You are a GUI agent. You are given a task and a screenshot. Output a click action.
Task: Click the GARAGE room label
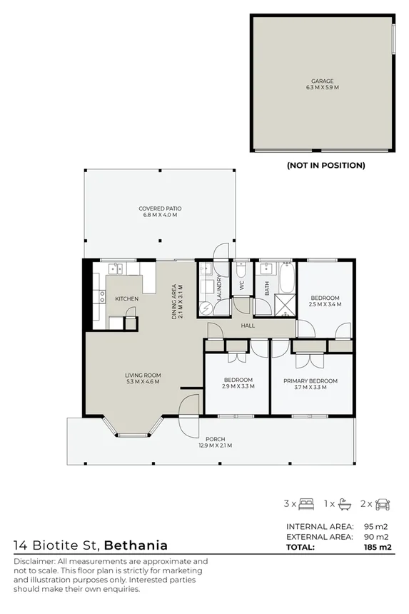pyautogui.click(x=321, y=81)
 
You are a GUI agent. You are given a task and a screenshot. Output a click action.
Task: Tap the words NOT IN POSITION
pyautogui.click(x=325, y=165)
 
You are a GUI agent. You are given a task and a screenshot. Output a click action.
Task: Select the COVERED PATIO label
pyautogui.click(x=158, y=208)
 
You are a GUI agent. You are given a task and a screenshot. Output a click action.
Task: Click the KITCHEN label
pyautogui.click(x=127, y=298)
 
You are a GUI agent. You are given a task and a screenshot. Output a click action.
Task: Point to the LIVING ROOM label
pyautogui.click(x=143, y=375)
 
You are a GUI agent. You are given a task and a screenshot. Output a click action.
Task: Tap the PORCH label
pyautogui.click(x=215, y=439)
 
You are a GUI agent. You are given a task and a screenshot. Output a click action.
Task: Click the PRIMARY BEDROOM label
pyautogui.click(x=310, y=381)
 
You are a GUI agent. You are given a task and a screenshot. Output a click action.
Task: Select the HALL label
pyautogui.click(x=248, y=326)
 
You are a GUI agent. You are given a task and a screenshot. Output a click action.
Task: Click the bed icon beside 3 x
pyautogui.click(x=307, y=503)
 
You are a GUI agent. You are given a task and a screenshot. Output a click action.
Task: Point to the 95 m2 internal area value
pyautogui.click(x=378, y=526)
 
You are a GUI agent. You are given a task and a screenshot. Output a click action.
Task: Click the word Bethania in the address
pyautogui.click(x=136, y=545)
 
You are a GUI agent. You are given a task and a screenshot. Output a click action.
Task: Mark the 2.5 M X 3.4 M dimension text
pyautogui.click(x=325, y=304)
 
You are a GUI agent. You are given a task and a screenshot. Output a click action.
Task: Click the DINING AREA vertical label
pyautogui.click(x=173, y=301)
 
